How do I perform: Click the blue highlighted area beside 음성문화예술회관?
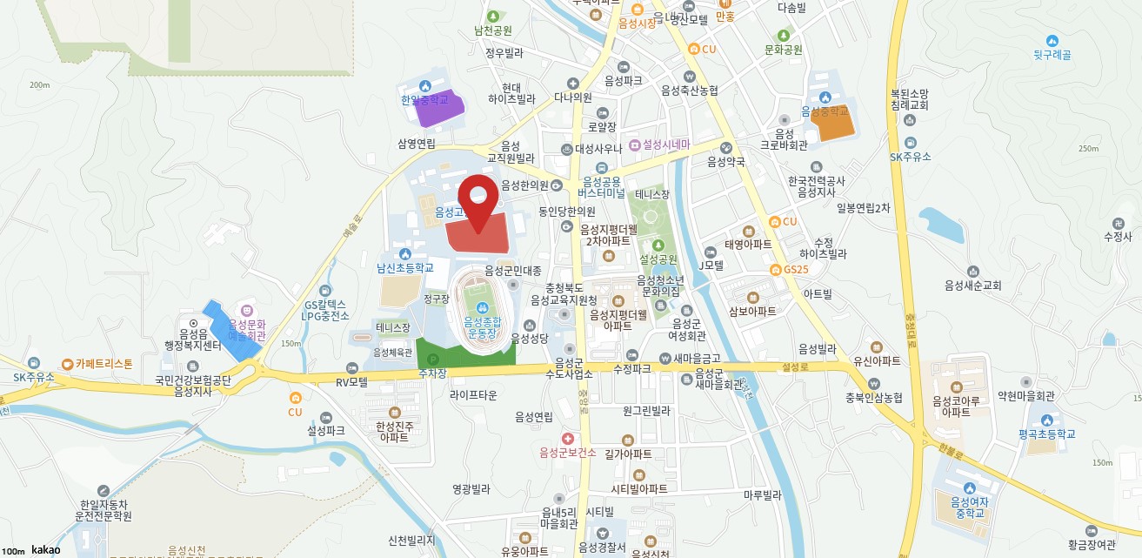(230, 328)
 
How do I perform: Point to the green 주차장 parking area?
(464, 353)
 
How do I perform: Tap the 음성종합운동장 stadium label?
(482, 326)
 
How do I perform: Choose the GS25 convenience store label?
(795, 269)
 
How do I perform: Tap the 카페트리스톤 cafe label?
(103, 363)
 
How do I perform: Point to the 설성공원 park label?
(658, 259)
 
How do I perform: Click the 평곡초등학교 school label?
(1047, 434)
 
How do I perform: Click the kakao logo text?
(45, 550)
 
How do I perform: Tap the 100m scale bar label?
(13, 551)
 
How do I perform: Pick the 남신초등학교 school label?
(404, 268)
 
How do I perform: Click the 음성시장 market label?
(637, 24)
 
